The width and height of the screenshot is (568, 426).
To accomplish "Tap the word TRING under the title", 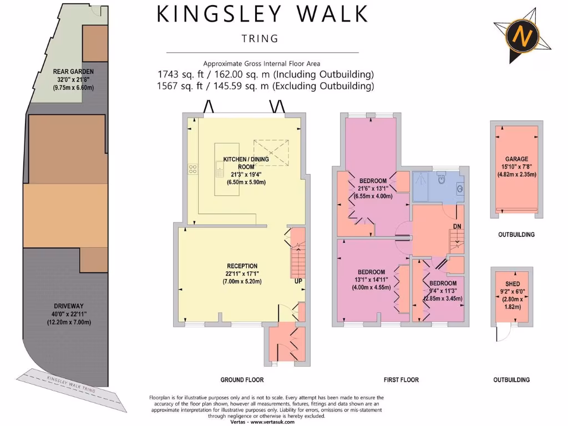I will click(260, 39).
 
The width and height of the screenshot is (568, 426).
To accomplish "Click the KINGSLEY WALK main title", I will click(262, 14).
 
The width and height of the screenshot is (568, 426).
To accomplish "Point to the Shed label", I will click(513, 283).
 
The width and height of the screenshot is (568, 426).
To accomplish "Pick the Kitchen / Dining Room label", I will click(246, 163).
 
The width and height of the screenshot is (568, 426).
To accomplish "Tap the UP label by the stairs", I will click(298, 281).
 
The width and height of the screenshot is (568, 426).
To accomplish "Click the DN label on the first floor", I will click(457, 226).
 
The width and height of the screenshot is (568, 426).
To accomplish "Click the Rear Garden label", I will click(73, 72).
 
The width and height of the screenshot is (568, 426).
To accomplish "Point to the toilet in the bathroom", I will click(442, 178).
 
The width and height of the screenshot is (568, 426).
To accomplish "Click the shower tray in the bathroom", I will click(423, 185).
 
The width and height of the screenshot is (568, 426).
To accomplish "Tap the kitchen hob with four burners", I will click(193, 168).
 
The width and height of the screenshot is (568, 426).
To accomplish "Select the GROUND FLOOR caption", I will click(242, 380).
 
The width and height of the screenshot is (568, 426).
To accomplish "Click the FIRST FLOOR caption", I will click(401, 380).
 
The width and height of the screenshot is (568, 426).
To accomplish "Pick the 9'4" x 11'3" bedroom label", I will click(442, 283).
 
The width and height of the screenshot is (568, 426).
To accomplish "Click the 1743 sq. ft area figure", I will click(176, 74).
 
